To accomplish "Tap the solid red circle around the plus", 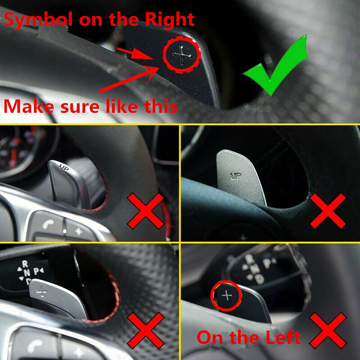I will (x=226, y=296).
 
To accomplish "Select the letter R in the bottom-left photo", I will (x=25, y=264).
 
